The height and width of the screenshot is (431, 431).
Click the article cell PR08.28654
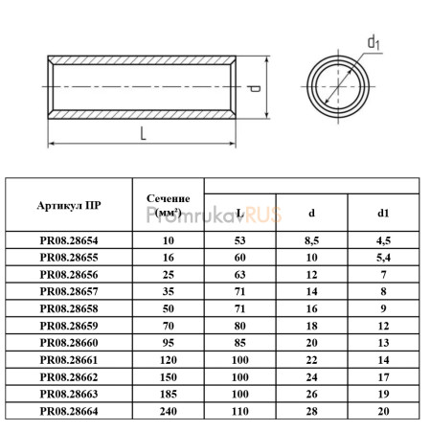(x=69, y=240)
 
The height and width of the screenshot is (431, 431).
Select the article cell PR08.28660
(x=69, y=343)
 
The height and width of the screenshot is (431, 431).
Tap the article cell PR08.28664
(x=69, y=411)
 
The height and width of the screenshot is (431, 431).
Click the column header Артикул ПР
(x=69, y=205)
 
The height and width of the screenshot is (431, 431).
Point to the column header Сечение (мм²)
(x=169, y=205)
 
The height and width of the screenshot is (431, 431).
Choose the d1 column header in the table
(x=383, y=213)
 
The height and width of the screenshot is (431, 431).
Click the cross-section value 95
(x=169, y=343)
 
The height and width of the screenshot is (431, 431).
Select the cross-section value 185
(x=169, y=394)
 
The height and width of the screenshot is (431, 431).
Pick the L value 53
(x=240, y=240)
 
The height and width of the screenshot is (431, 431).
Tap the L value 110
(x=240, y=411)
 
